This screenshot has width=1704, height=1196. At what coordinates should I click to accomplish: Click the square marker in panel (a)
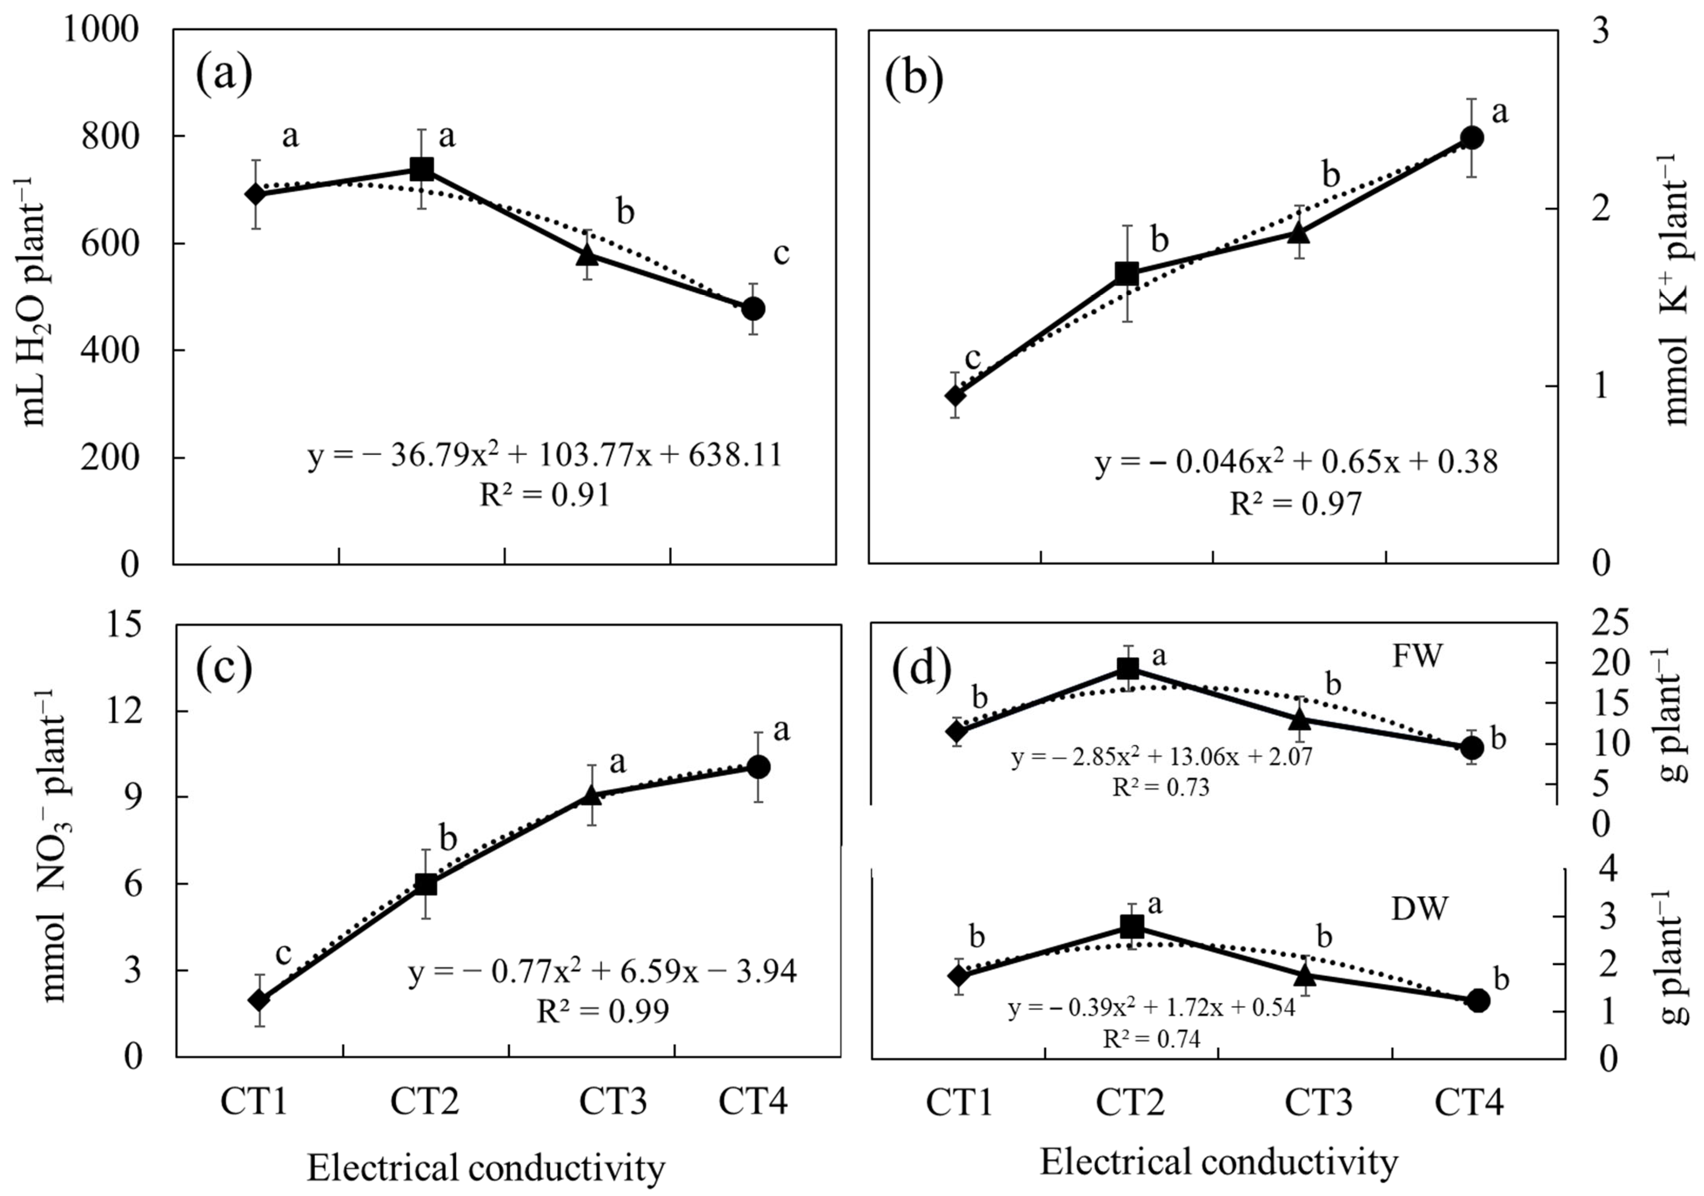422,169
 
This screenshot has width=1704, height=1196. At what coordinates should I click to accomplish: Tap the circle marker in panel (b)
1472,137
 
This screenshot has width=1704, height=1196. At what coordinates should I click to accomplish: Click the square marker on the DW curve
1132,926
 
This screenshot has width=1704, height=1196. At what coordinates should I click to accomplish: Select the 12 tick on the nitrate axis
123,710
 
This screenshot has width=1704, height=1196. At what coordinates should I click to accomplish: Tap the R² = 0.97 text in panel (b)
1296,504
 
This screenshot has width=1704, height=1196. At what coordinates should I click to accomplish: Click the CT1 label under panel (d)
959,1103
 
